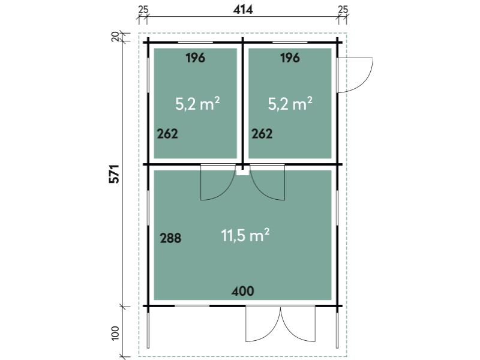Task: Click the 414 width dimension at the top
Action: click(x=243, y=10)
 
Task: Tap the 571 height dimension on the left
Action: click(x=114, y=174)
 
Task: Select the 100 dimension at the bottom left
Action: click(x=115, y=333)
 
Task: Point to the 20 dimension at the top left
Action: click(x=115, y=37)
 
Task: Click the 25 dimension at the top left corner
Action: click(x=143, y=10)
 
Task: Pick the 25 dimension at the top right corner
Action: click(x=343, y=10)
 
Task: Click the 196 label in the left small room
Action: click(x=196, y=58)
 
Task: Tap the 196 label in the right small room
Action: click(x=290, y=58)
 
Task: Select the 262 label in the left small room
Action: click(x=167, y=134)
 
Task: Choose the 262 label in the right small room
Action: click(x=262, y=134)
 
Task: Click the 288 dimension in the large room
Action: click(x=170, y=238)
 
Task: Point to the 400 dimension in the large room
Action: click(x=243, y=291)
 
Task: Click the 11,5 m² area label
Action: click(x=245, y=235)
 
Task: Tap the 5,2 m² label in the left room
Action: click(x=197, y=103)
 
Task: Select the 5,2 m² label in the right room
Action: click(x=290, y=103)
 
